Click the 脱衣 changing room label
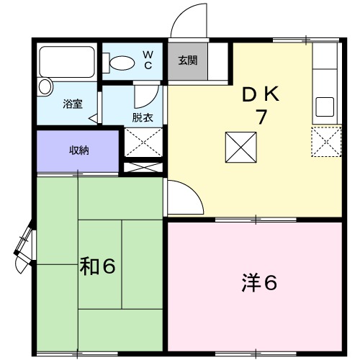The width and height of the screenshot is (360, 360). click(x=142, y=117)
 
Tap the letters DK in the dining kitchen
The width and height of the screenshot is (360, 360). click(x=261, y=94)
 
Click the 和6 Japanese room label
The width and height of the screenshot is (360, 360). click(x=97, y=267)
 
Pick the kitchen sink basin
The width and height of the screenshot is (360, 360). click(x=325, y=107)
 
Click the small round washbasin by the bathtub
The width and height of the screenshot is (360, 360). click(x=46, y=87)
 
